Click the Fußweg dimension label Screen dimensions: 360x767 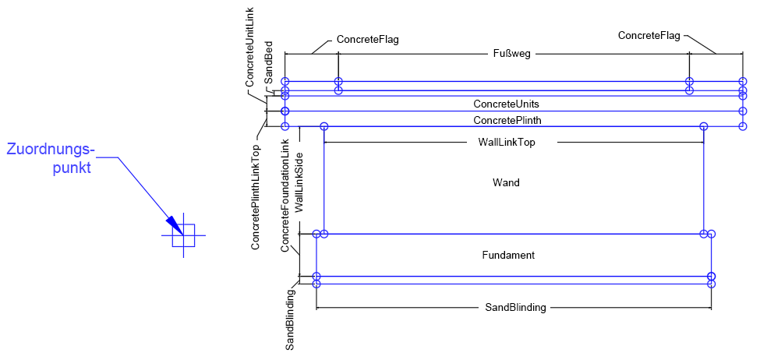[512, 54]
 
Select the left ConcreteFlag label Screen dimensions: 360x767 [367, 40]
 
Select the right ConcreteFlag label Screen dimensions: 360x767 [649, 35]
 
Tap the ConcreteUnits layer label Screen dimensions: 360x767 [506, 104]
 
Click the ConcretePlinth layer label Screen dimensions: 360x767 [507, 120]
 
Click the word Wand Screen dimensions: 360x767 [506, 183]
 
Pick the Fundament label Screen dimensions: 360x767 [508, 255]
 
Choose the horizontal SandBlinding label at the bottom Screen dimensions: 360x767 [511, 308]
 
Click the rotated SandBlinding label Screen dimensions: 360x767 [290, 319]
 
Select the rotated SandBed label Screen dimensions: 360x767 [268, 62]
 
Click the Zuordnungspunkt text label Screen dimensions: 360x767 [51, 157]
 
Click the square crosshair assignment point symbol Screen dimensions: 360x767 [183, 235]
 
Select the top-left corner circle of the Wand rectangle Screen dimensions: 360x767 [324, 126]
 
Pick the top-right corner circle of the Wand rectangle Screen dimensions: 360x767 [704, 126]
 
